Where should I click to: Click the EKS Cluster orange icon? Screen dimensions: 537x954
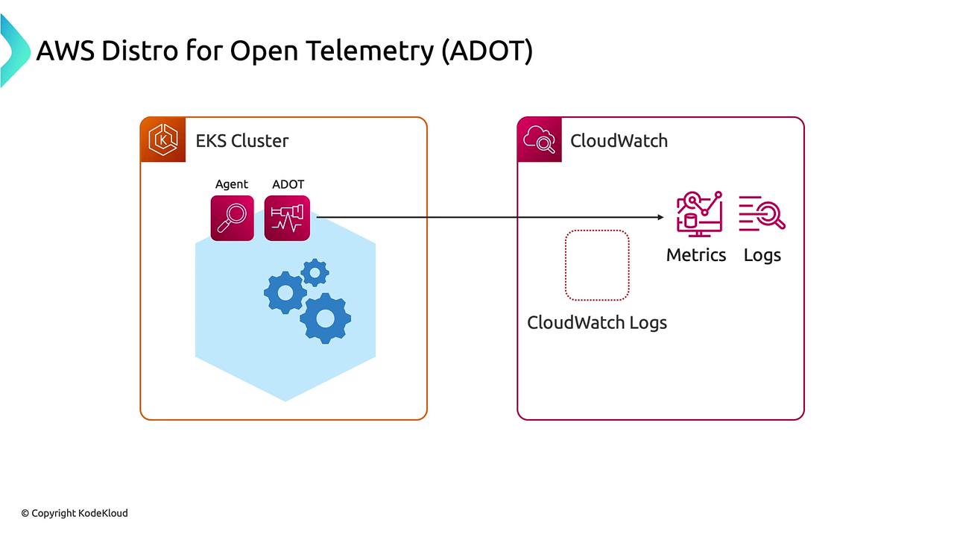click(x=163, y=139)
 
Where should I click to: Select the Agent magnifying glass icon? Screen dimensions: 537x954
click(x=232, y=218)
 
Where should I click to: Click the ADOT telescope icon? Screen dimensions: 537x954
click(x=287, y=218)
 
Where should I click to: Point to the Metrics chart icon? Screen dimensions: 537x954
click(x=698, y=213)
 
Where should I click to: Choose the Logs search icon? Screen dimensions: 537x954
click(x=762, y=213)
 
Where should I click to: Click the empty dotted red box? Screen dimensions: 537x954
click(x=597, y=265)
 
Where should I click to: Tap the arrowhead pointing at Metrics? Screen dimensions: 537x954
click(x=660, y=218)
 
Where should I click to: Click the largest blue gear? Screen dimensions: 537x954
click(x=325, y=318)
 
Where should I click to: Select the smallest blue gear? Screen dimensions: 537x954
click(x=315, y=273)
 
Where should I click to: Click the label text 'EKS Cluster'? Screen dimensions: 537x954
click(x=241, y=141)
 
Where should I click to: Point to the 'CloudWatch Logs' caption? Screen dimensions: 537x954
click(x=596, y=322)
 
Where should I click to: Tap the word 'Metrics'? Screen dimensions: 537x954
click(x=696, y=255)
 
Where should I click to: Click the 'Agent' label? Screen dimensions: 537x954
click(x=232, y=184)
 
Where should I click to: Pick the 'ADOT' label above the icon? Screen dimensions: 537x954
click(x=288, y=184)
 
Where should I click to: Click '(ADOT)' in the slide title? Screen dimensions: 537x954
click(x=487, y=51)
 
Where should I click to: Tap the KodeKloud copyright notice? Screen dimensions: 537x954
click(x=75, y=513)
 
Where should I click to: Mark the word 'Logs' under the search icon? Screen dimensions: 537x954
click(x=762, y=255)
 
